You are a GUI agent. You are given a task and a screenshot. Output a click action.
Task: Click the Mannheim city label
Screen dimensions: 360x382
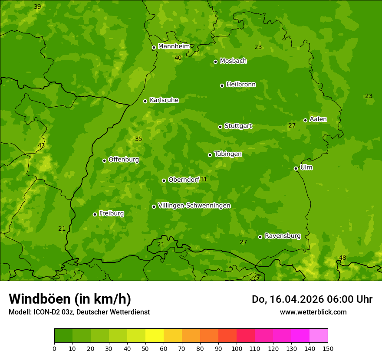click(x=174, y=46)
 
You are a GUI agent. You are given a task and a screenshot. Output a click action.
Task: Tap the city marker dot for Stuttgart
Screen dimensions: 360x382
click(x=220, y=127)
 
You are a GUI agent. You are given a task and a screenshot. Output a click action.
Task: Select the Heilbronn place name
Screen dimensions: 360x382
click(x=241, y=85)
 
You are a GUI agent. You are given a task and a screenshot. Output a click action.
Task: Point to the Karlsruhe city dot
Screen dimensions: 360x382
click(x=145, y=101)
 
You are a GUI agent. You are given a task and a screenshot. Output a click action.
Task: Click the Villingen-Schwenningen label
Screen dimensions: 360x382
click(x=194, y=206)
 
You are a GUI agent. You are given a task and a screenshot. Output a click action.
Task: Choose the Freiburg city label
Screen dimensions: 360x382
click(x=111, y=213)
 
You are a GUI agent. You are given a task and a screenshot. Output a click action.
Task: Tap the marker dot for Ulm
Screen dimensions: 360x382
click(x=296, y=168)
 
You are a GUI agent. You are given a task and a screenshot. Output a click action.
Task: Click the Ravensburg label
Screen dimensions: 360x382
click(x=283, y=236)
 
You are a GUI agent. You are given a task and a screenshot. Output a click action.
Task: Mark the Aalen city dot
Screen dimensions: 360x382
click(x=305, y=120)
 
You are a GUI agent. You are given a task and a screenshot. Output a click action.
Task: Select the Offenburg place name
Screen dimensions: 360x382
click(x=124, y=160)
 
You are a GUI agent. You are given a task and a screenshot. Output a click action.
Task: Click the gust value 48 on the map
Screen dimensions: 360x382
click(x=342, y=258)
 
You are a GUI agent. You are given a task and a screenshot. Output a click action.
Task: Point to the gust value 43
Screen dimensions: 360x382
click(x=41, y=145)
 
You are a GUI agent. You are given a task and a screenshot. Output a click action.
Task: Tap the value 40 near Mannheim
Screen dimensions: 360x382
click(x=178, y=58)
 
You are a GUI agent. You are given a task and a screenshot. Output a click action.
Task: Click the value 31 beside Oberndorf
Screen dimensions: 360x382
click(x=204, y=179)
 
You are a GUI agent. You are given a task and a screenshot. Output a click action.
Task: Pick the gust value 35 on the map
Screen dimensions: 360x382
click(x=138, y=139)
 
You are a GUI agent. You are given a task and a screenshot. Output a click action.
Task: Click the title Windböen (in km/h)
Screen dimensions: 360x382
click(x=70, y=299)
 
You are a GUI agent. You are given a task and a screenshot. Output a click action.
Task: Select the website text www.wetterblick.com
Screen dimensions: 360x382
click(x=313, y=312)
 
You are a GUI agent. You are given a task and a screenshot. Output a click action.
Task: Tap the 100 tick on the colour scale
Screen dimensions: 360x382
click(x=237, y=348)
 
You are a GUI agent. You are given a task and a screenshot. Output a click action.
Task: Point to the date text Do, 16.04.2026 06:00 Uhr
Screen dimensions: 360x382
click(x=312, y=299)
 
